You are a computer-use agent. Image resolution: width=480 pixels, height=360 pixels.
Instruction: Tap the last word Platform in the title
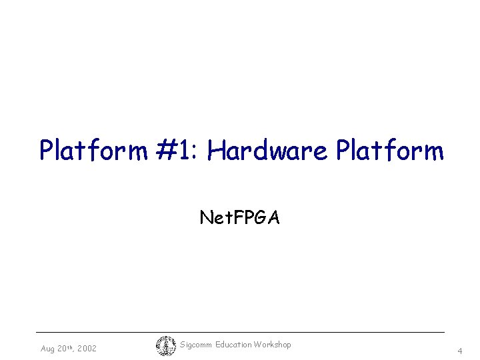(x=390, y=151)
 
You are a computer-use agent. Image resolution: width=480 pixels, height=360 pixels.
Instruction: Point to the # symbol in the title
(x=167, y=151)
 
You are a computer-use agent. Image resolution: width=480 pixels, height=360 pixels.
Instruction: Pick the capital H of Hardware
(x=217, y=151)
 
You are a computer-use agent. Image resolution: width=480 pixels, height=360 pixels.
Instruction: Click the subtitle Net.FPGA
(x=240, y=217)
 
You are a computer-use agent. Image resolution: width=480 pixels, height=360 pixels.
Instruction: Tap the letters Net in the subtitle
(x=214, y=217)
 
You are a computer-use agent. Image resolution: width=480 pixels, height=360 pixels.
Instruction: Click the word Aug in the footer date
(x=48, y=349)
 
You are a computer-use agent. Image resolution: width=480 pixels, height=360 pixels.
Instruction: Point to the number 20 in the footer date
(x=63, y=348)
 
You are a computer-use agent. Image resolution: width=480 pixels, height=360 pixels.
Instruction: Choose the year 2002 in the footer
(x=87, y=348)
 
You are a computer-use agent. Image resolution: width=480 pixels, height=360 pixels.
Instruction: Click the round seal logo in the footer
(x=165, y=345)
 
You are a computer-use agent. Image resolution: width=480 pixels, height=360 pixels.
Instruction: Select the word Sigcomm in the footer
(x=197, y=345)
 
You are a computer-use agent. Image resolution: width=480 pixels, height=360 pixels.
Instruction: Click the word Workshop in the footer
(x=273, y=345)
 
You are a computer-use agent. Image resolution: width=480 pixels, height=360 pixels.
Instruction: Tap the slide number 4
(x=459, y=351)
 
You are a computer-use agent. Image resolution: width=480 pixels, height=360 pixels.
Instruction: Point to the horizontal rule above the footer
(x=240, y=332)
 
